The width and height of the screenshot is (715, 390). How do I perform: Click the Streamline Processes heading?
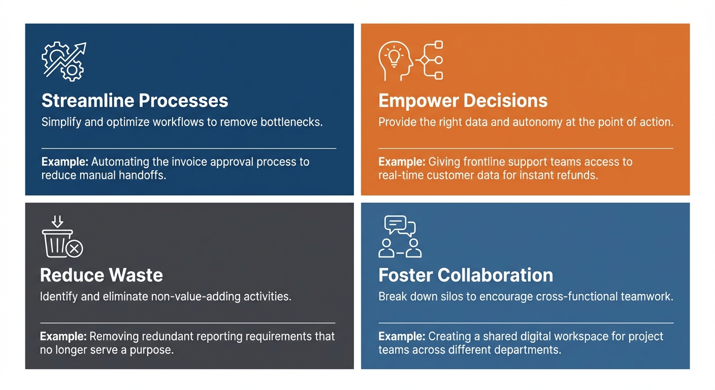pyautogui.click(x=135, y=101)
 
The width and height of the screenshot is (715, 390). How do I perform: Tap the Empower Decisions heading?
pyautogui.click(x=463, y=101)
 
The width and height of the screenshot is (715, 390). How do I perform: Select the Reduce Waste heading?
pyautogui.click(x=102, y=275)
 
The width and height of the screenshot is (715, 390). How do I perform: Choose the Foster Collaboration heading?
pyautogui.click(x=466, y=275)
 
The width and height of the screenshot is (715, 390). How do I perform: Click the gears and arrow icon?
pyautogui.click(x=64, y=61)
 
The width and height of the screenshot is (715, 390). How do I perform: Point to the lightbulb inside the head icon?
pyautogui.click(x=394, y=57)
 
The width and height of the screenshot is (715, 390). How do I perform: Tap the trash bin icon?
pyautogui.click(x=57, y=243)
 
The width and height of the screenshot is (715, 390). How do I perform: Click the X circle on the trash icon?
pyautogui.click(x=75, y=249)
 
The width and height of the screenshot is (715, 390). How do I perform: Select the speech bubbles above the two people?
pyautogui.click(x=400, y=225)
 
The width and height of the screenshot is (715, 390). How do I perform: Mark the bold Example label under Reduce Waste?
pyautogui.click(x=63, y=337)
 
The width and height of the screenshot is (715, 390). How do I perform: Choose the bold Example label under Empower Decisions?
pyautogui.click(x=402, y=162)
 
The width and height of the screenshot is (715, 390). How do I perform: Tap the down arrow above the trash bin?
pyautogui.click(x=57, y=221)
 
